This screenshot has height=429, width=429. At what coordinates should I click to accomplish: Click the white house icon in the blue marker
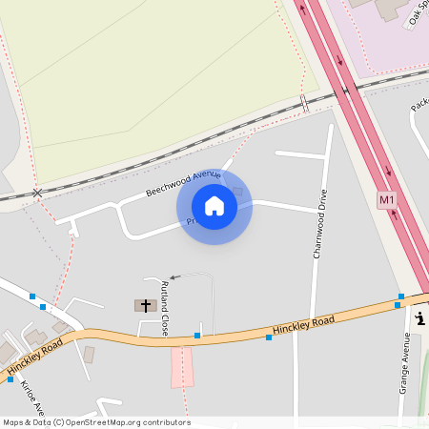[x=214, y=206]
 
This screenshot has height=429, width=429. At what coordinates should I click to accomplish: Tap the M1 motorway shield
[x=386, y=200]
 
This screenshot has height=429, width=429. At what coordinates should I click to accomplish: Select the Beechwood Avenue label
[x=183, y=183]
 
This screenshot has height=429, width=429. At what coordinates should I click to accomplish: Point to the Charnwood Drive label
[x=319, y=229]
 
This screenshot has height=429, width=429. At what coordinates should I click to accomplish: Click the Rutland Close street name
[x=165, y=308]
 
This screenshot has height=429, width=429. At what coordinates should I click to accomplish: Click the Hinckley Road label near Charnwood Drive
[x=303, y=327]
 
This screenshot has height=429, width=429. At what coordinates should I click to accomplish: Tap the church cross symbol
[x=146, y=306]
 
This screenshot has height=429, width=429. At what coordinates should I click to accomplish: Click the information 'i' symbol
[x=420, y=319]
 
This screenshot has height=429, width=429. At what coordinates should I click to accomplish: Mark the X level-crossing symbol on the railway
[x=37, y=193]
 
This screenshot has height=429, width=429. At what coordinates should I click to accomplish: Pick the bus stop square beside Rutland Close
[x=197, y=336]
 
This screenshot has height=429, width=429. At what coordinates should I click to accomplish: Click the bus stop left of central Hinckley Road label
[x=268, y=337]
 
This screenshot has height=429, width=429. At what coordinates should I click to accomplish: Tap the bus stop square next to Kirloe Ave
[x=10, y=379]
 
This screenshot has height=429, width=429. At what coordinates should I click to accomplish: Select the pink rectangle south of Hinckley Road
[x=182, y=367]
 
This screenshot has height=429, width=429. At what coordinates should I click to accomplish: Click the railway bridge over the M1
[x=346, y=91]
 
